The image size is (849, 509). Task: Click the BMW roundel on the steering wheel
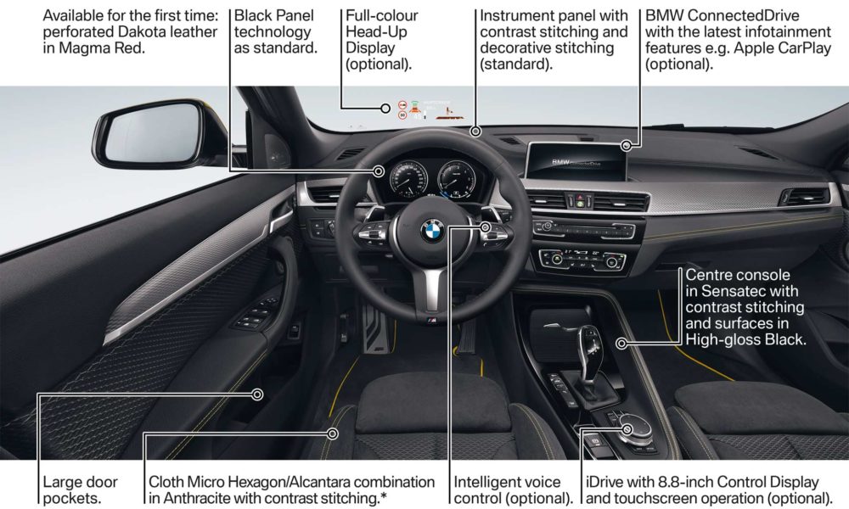pos(433,231)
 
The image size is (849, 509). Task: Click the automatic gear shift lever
pos(589,351)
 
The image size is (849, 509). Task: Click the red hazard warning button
pos(580,198)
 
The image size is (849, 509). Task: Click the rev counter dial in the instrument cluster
pos(457,178)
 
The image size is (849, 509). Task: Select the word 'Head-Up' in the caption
pos(376,31)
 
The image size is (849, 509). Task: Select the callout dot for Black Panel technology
pos(379,171)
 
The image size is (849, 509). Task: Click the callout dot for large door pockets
pos(258,394)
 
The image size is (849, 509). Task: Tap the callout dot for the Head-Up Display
pos(385,109)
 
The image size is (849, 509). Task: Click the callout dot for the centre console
pos(621,343)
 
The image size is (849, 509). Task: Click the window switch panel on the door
pos(256,315)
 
